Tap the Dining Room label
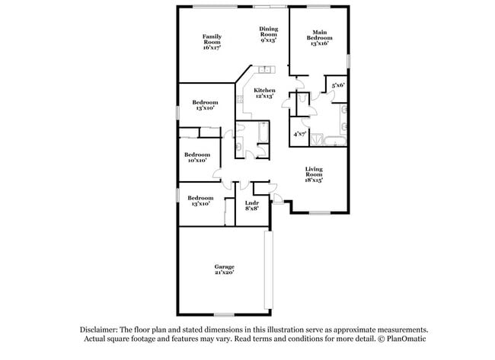point(268,31)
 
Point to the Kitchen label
point(264,91)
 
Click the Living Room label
point(315,172)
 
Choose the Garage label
point(224,266)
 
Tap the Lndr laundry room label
point(251,202)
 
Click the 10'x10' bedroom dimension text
point(197,161)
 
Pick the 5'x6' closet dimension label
point(337,86)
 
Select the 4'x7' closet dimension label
point(299,134)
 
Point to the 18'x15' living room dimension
point(315,180)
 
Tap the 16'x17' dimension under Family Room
point(211,47)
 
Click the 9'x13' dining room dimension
point(268,40)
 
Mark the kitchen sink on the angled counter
point(266,72)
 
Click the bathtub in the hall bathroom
point(263,134)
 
